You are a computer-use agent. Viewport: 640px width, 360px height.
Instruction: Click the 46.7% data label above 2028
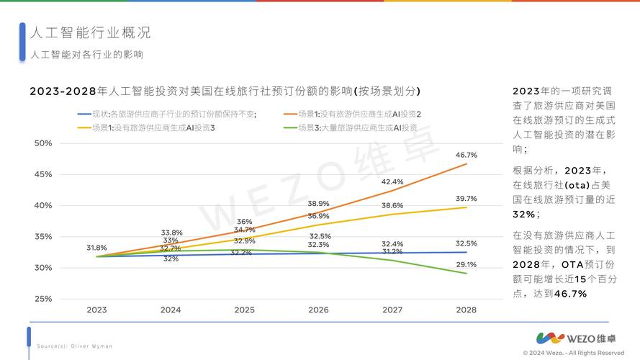point(467,155)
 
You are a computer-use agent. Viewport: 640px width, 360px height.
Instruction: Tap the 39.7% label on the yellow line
point(467,199)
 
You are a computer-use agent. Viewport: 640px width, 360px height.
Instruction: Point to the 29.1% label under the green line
point(467,265)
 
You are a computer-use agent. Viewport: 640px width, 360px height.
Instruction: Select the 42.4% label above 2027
point(392,182)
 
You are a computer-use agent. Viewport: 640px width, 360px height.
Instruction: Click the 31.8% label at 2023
point(96,248)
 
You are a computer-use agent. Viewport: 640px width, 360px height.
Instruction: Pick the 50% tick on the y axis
point(43,143)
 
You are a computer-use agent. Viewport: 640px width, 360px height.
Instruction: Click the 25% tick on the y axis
point(43,299)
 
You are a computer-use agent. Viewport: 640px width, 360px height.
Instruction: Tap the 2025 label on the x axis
point(244,310)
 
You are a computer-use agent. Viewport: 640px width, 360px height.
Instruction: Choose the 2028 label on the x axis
point(467,310)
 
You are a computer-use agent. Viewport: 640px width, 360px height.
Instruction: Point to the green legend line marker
point(291,127)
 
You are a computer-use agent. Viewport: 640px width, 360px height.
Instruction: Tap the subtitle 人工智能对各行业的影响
point(86,55)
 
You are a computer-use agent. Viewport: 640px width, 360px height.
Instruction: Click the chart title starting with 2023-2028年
point(225,91)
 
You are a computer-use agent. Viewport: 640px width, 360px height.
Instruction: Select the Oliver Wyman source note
point(75,346)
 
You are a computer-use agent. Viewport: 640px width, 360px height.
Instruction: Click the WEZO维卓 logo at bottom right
point(580,337)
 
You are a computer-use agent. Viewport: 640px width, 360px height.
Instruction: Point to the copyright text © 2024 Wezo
point(573,353)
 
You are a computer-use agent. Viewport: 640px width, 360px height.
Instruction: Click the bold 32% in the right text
point(523,215)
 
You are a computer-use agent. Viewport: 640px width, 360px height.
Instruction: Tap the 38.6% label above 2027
point(392,206)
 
